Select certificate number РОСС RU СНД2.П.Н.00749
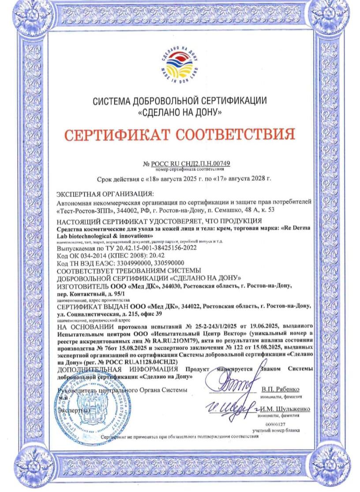[x=193, y=164]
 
